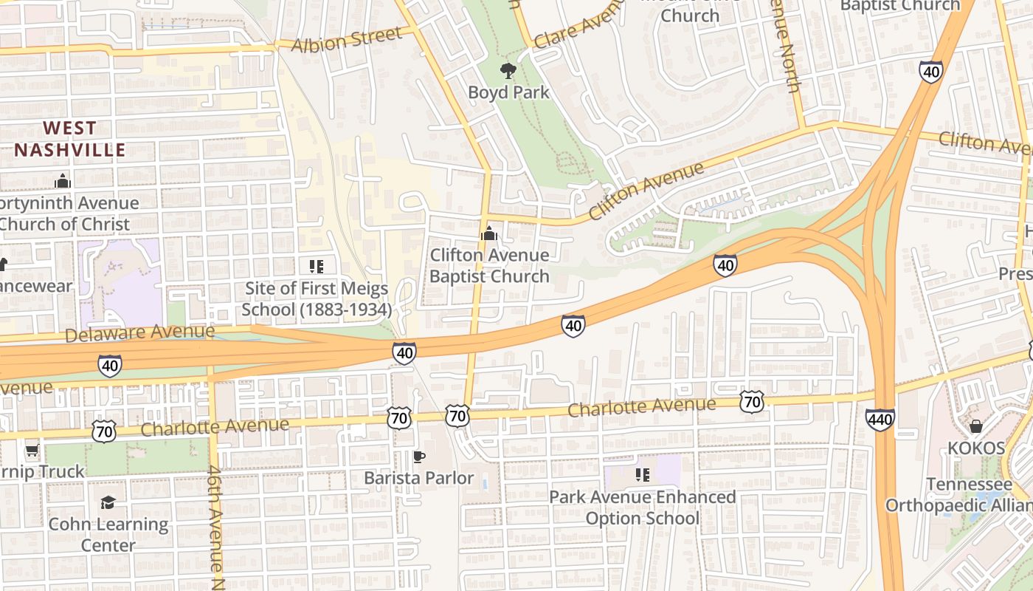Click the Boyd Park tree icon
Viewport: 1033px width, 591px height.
[508, 71]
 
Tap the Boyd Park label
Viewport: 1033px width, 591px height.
[509, 92]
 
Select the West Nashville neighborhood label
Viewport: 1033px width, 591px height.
[70, 139]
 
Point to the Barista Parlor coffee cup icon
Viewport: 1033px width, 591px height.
[418, 457]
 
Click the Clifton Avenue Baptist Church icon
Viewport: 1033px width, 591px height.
[488, 233]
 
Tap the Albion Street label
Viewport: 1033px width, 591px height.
[347, 39]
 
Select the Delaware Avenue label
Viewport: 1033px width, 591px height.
[139, 332]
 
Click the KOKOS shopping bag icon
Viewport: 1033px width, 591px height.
[976, 426]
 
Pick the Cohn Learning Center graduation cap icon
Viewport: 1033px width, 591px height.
[108, 502]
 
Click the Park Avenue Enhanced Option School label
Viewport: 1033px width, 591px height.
[643, 508]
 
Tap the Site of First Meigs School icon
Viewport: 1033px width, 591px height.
[317, 266]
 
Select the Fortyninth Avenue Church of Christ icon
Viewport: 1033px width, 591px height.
[63, 180]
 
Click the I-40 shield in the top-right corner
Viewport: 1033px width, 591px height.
[931, 72]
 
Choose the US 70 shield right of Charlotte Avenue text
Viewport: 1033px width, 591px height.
[752, 402]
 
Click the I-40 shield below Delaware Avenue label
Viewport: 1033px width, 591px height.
[110, 365]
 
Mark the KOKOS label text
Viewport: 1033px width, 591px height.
[976, 448]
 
